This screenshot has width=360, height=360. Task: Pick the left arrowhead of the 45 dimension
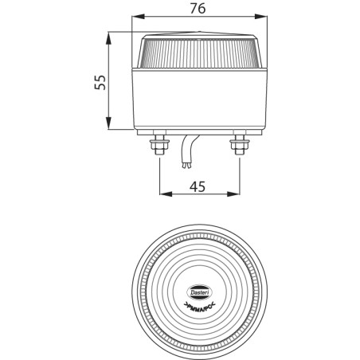pyautogui.click(x=163, y=194)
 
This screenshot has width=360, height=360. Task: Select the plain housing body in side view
pyautogui.click(x=199, y=100)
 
